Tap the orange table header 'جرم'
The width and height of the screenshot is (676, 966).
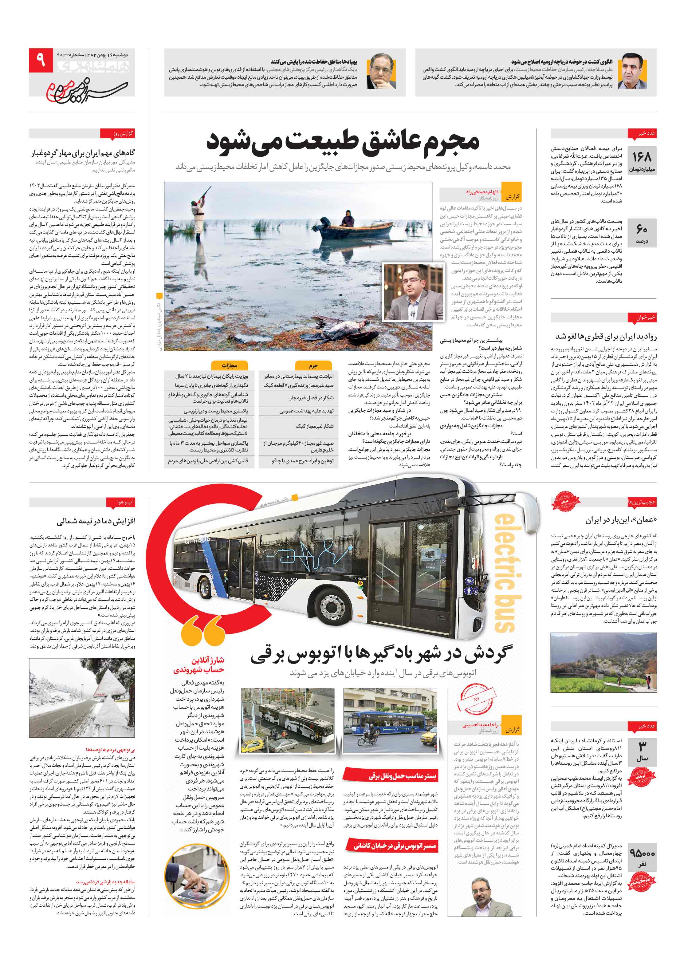(x=313, y=365)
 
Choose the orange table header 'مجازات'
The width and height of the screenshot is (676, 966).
(x=229, y=365)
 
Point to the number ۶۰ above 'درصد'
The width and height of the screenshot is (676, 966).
(x=642, y=229)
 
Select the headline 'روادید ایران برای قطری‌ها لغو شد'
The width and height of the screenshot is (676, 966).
(x=606, y=336)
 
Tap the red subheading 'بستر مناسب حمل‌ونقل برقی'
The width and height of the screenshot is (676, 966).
(x=402, y=775)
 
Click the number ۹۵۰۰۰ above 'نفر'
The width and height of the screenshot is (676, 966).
(x=642, y=853)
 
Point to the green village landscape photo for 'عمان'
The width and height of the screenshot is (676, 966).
(x=603, y=662)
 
